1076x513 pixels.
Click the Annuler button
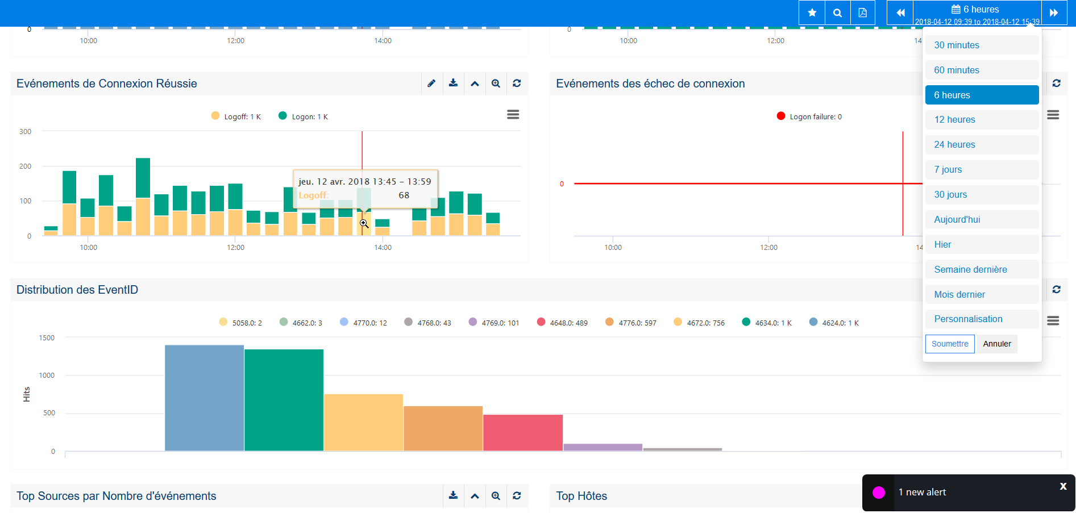click(996, 344)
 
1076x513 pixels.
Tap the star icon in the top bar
click(812, 12)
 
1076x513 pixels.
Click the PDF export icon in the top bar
click(862, 12)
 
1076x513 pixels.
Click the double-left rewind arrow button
click(900, 12)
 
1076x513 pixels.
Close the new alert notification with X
click(1063, 486)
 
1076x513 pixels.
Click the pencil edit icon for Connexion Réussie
click(431, 84)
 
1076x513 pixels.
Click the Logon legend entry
click(304, 116)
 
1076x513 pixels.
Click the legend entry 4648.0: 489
click(562, 323)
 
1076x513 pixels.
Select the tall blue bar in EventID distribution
click(204, 398)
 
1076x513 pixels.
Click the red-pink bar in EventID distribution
click(522, 433)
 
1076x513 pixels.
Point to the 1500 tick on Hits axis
click(47, 337)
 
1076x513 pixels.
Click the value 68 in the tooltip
click(404, 195)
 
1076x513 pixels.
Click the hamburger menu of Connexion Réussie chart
click(513, 115)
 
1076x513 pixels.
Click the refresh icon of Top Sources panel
click(517, 495)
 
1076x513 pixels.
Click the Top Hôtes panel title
click(581, 496)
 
